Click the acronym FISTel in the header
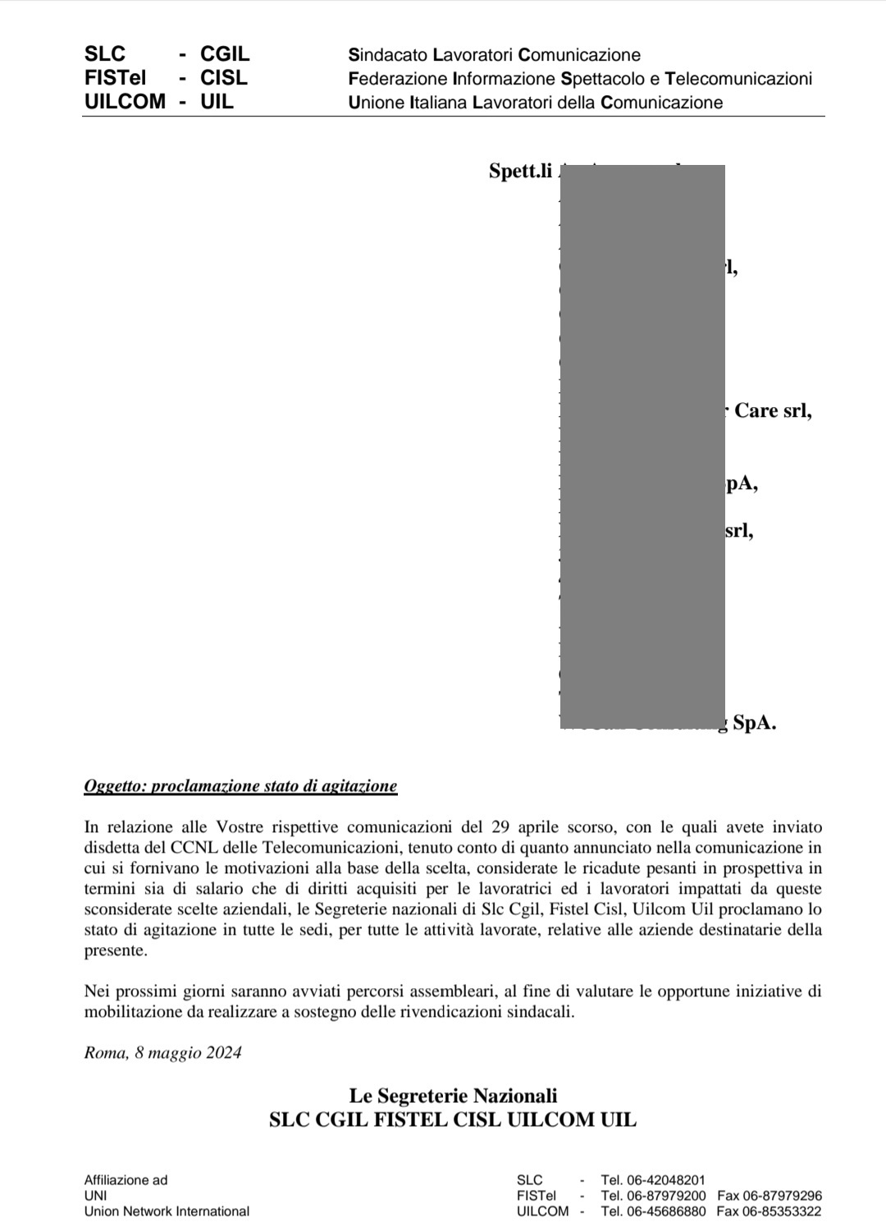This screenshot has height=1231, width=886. pos(115,78)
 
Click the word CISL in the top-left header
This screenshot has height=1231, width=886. pos(223,78)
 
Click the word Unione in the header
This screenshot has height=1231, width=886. pos(376,103)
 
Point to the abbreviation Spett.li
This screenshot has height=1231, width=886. pos(520,171)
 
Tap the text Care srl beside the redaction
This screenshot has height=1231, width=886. pos(772,410)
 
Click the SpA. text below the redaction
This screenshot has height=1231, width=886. pos(754,723)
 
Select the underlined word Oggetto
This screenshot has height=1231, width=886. pos(115,786)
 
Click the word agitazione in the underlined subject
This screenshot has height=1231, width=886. pos(359,786)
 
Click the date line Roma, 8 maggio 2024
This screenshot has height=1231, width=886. pos(162,1053)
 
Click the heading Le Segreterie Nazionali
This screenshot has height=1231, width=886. pos(453,1096)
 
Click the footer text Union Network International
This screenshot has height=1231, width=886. pos(167,1211)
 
